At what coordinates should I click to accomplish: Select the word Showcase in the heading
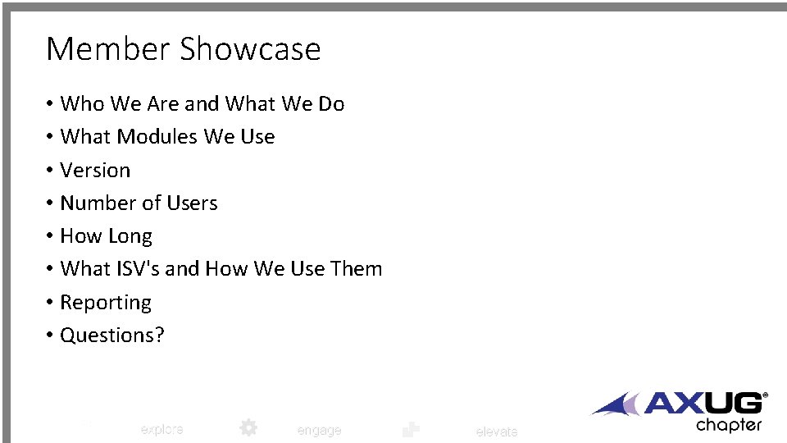click(x=250, y=49)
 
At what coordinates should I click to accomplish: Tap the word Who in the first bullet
click(x=83, y=104)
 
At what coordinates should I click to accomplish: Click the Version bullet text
click(x=95, y=171)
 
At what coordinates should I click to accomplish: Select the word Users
click(x=190, y=203)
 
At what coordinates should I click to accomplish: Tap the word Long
click(x=130, y=236)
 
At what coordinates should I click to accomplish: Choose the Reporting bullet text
click(x=106, y=303)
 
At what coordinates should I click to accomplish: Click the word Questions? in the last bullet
click(x=112, y=336)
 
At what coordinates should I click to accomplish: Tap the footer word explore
click(x=161, y=429)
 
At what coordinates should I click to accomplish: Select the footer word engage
click(x=319, y=431)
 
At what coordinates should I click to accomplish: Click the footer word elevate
click(x=497, y=432)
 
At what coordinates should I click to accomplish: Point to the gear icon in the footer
click(x=248, y=427)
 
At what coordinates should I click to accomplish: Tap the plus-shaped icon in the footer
click(x=412, y=429)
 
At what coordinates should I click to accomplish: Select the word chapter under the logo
click(x=729, y=425)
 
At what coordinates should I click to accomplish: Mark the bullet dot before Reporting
click(x=50, y=303)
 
